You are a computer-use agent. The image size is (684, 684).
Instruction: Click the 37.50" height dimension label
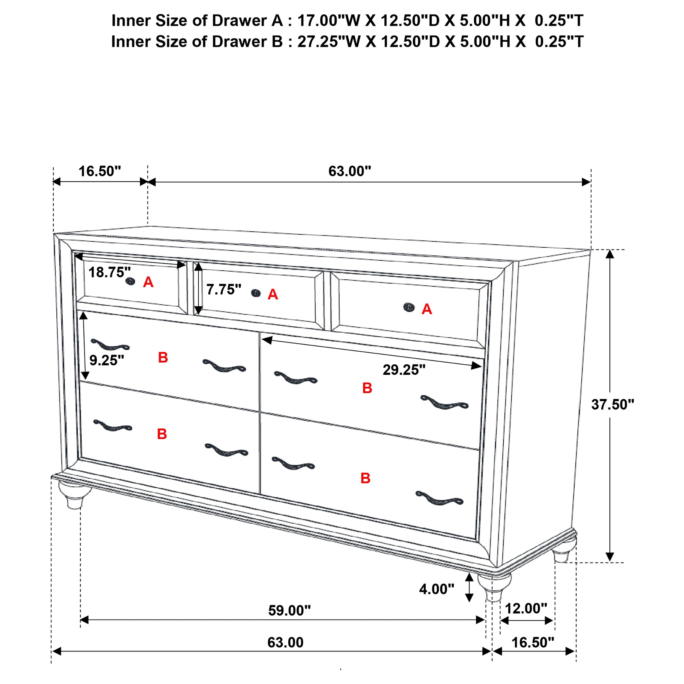click(x=613, y=404)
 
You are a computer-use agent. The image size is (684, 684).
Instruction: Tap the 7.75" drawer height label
click(x=224, y=289)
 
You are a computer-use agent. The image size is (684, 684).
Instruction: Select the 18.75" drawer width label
click(x=109, y=272)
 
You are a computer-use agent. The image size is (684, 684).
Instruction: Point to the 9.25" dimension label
click(x=106, y=360)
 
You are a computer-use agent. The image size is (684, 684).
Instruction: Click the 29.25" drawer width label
click(x=404, y=370)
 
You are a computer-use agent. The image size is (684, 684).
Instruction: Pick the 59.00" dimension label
click(x=289, y=610)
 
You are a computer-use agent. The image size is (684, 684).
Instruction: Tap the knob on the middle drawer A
click(x=256, y=293)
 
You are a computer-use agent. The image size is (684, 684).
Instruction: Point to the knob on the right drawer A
click(x=409, y=307)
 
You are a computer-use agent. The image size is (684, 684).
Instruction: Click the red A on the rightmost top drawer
click(x=427, y=309)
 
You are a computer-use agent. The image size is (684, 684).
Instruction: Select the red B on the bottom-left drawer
click(x=162, y=434)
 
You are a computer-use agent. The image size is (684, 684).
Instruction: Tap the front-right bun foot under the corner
click(x=494, y=586)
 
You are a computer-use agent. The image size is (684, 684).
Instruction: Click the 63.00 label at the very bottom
click(x=285, y=643)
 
